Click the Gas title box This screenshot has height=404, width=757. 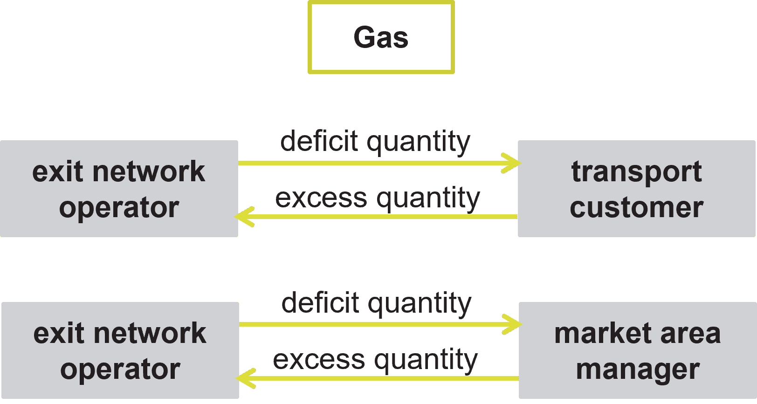click(381, 37)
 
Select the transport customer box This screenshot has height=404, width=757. click(636, 189)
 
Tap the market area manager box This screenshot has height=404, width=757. click(637, 350)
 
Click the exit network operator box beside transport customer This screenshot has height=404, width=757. click(119, 189)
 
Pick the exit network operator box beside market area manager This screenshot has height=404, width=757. click(120, 350)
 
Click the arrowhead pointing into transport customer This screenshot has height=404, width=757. click(513, 163)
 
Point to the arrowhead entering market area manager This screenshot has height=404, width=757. click(514, 324)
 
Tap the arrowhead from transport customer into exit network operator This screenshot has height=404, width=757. click(243, 217)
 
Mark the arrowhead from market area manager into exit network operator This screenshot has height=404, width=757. click(245, 378)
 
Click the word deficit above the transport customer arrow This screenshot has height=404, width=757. click(319, 141)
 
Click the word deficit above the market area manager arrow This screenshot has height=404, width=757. click(320, 303)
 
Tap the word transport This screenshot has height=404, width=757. click(636, 171)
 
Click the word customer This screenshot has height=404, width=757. click(636, 207)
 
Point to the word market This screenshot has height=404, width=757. click(600, 334)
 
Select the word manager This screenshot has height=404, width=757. click(637, 370)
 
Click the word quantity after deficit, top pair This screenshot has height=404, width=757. click(419, 142)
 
